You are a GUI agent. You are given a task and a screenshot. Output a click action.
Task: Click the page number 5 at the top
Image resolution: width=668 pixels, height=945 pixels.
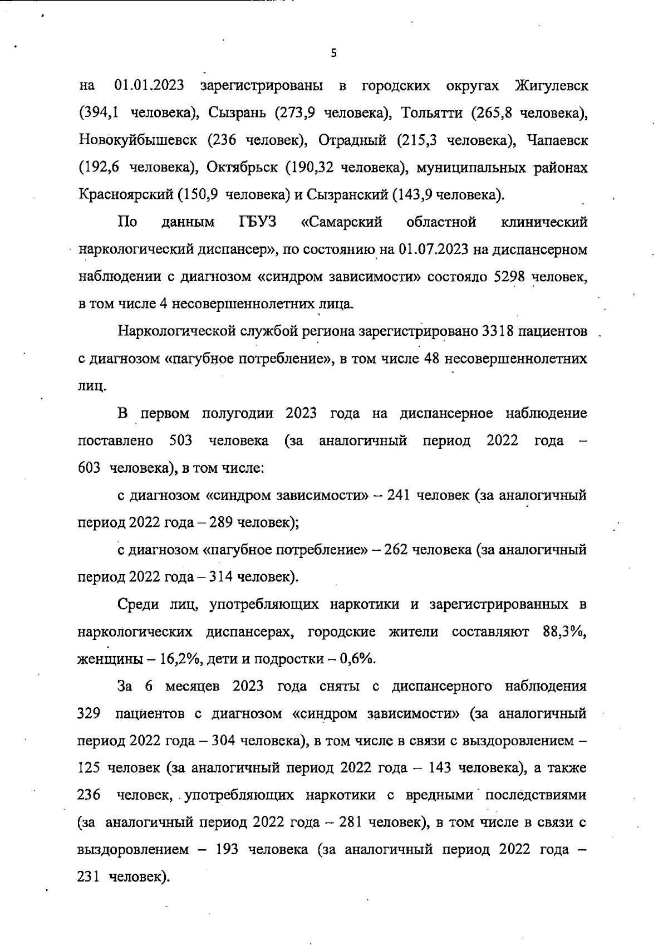tap(333, 53)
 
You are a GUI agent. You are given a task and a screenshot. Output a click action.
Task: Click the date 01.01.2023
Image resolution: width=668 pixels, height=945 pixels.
tap(145, 86)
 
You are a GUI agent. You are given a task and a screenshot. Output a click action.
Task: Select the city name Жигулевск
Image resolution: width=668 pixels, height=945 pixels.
tap(551, 86)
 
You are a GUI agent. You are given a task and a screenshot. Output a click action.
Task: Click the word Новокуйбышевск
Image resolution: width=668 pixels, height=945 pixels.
tap(137, 141)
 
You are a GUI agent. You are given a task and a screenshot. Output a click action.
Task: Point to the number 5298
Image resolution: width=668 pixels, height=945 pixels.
tap(510, 277)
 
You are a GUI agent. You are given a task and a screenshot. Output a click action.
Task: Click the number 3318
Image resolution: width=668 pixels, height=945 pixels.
tap(497, 332)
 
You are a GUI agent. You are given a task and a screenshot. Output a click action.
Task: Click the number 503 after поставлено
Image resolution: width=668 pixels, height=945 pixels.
tap(180, 441)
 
